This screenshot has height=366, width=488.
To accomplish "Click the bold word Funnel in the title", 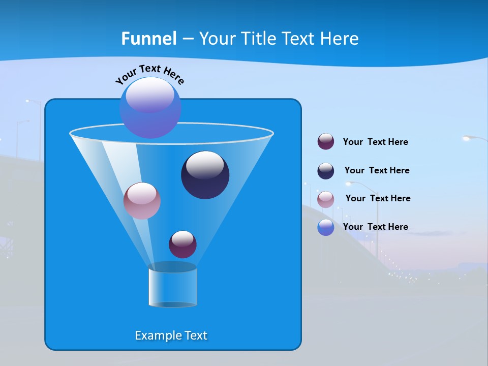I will (x=149, y=39).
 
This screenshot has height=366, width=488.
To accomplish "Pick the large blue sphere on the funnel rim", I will (x=150, y=107).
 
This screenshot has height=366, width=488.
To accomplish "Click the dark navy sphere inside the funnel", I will (x=205, y=175).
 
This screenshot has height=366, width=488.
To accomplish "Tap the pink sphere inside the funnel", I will (x=142, y=200).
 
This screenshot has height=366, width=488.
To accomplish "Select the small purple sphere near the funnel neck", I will (x=182, y=244).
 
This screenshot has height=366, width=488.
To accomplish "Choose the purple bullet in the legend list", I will (x=326, y=142).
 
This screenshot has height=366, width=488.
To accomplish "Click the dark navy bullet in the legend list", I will (x=326, y=171).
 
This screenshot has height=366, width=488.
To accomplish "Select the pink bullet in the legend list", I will (x=326, y=199).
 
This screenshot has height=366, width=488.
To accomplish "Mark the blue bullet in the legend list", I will (x=326, y=227).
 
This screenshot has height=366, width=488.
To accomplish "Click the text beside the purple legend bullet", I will (x=375, y=142).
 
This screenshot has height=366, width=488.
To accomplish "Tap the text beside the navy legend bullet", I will (x=377, y=170).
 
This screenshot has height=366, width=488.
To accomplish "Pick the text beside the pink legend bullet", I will (x=378, y=198).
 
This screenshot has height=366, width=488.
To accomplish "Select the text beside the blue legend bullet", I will (x=375, y=227).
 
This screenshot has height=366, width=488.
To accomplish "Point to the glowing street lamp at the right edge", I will (x=468, y=138).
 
